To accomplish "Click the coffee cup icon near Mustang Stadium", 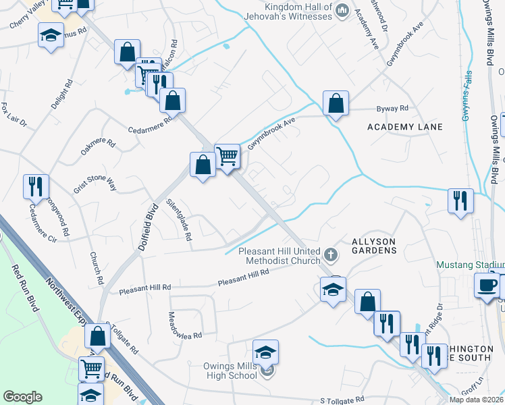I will point(485,284).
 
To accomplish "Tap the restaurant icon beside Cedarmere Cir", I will point(36,186).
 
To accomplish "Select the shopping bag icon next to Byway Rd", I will point(336,103).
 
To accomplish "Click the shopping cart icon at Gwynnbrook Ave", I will point(228,156).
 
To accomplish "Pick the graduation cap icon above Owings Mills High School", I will point(266,352).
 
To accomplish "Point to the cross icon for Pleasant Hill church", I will point(330,254).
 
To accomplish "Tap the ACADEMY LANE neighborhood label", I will point(405,127).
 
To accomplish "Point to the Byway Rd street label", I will point(395,108).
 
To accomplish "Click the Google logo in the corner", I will point(23,396).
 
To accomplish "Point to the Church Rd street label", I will point(96,268).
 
